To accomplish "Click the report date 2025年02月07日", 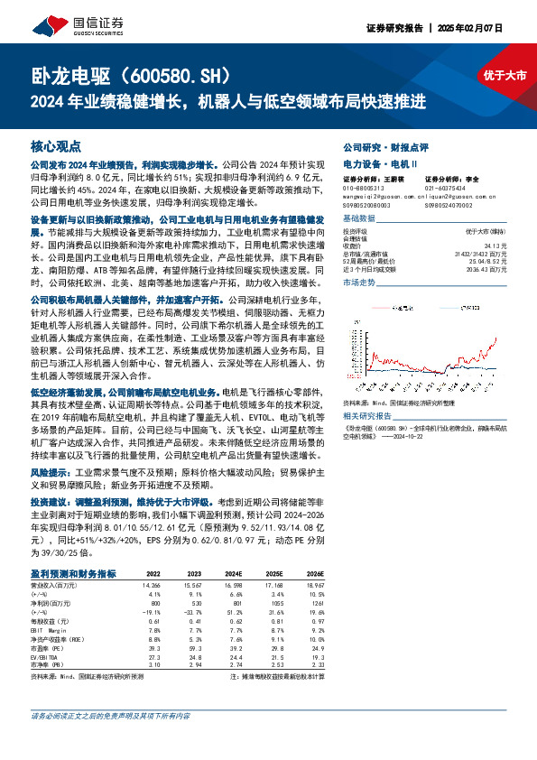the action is (475, 28).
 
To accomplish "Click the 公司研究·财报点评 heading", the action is (385, 145).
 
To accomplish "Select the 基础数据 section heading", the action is (361, 219).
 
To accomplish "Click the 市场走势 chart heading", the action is (361, 283).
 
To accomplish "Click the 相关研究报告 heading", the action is (369, 391).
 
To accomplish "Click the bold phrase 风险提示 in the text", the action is (51, 470).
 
